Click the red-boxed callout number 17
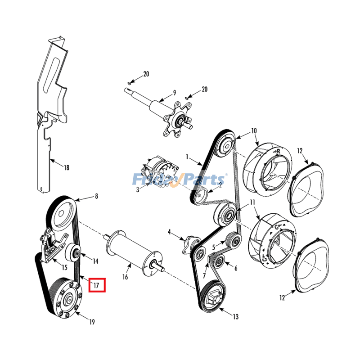coord(97,285)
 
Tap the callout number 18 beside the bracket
coord(66,168)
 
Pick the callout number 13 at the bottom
coord(235,317)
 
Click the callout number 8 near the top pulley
coord(96,196)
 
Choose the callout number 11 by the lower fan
coord(252,202)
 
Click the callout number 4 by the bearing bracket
coord(170,232)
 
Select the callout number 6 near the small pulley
coord(235,268)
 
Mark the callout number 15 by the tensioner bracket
coord(64,268)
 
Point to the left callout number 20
coord(146,74)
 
